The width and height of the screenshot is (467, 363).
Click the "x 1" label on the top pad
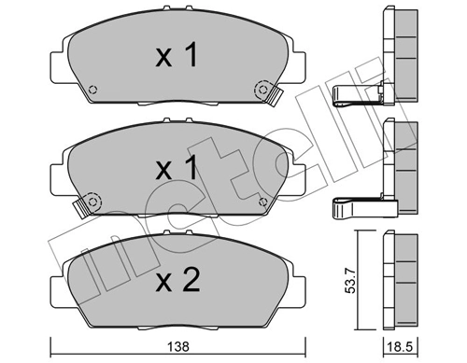coord(177,58)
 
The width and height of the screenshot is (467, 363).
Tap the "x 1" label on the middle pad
coord(177,170)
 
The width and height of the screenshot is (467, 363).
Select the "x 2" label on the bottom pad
coord(177,281)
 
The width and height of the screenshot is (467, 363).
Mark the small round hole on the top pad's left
coord(93,91)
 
